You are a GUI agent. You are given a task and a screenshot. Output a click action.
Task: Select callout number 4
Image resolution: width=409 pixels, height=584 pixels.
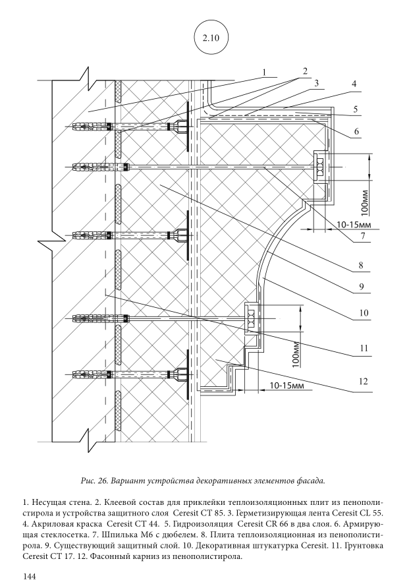pos(354,84)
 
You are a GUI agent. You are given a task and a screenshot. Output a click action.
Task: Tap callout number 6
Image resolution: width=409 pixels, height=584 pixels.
pos(356,131)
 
